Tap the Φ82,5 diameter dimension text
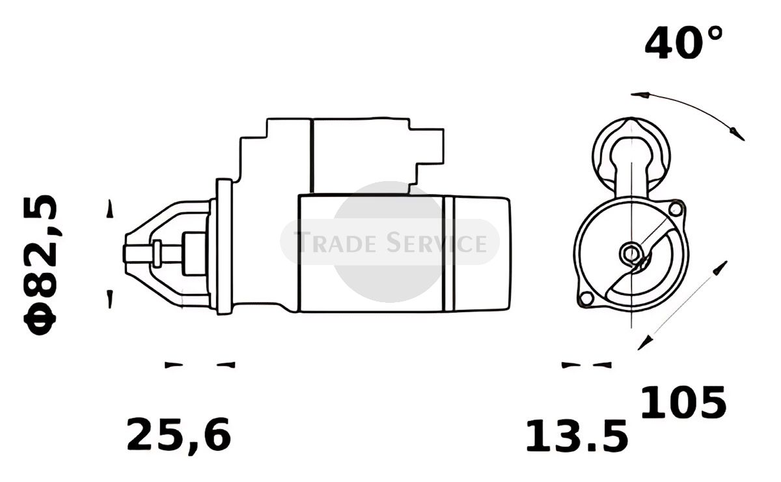coord(40,265)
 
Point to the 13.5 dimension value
coord(577,436)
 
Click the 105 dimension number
coord(683,402)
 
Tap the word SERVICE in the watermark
coord(437,242)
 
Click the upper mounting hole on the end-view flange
coord(676,209)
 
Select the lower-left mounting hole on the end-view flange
coord(586,298)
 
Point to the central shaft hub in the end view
coord(631,253)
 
